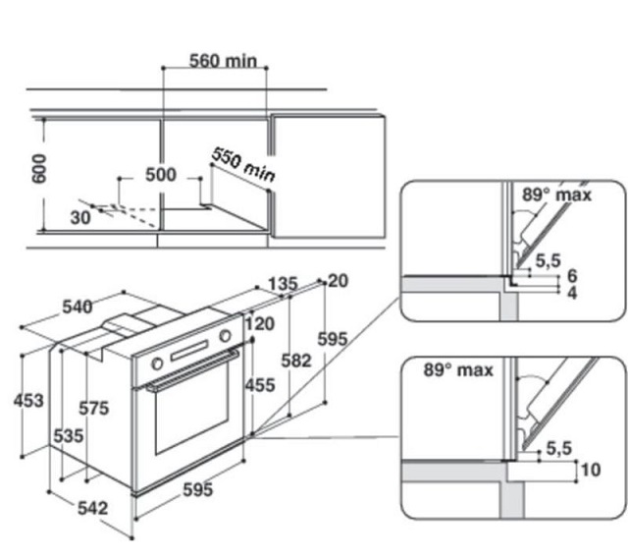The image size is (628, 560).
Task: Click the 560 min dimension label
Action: [x=223, y=61]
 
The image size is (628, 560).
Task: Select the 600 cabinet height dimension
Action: [x=39, y=169]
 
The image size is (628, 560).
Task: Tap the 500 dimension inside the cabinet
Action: [x=161, y=175]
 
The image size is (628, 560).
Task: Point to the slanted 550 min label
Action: [x=243, y=164]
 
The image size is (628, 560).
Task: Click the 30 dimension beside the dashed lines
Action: [x=80, y=218]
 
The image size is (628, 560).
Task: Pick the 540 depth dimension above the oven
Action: [x=78, y=307]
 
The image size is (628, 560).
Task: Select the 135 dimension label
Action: [x=283, y=284]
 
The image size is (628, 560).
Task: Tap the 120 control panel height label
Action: [x=260, y=324]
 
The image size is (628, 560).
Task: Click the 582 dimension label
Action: [x=296, y=361]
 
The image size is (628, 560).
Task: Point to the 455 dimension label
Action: [x=260, y=385]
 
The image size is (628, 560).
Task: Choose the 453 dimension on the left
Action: [x=28, y=400]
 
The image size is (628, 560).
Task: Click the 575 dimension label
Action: [x=94, y=409]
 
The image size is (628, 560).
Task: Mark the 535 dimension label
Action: [x=69, y=435]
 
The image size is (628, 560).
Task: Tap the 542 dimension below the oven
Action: [x=92, y=508]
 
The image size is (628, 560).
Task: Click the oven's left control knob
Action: [x=157, y=364]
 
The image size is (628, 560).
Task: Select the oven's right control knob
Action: [x=225, y=336]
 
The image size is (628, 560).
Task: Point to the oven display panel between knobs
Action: [x=189, y=350]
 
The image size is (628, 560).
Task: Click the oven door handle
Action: [x=192, y=369]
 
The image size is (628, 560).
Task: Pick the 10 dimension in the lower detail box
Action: [x=591, y=470]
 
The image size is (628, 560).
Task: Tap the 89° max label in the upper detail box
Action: [x=556, y=195]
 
